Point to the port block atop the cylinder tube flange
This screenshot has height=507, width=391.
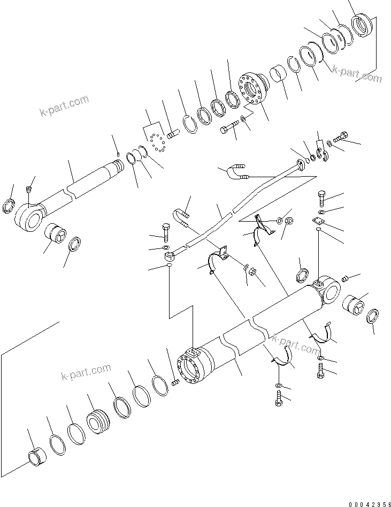coord(192,354)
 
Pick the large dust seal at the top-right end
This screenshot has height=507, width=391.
coord(362,25)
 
